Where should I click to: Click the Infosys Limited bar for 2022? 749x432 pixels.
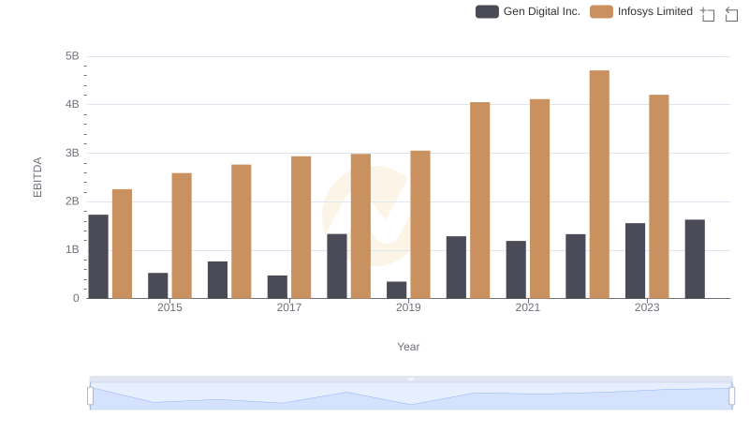coord(599,185)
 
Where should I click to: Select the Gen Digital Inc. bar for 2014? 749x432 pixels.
coord(98,257)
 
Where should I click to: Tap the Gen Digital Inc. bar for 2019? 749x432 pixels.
coord(397,290)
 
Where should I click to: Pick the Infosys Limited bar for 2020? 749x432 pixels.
coord(480,201)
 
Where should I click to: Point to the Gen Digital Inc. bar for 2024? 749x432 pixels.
coord(695,259)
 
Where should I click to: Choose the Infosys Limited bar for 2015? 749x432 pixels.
coord(182,235)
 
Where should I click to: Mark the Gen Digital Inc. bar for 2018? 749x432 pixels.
coord(337,266)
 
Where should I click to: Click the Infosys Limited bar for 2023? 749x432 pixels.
coord(659,197)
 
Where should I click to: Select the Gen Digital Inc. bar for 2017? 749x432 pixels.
coord(277,287)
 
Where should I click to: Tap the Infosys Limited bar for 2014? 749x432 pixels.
coord(122,244)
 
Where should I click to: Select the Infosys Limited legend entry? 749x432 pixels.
coord(642,11)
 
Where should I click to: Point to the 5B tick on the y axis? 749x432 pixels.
coord(72,56)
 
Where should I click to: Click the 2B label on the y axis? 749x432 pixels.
coord(72,201)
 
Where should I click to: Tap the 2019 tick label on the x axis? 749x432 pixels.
coord(408,307)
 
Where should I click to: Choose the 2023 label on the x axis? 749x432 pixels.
coord(647,307)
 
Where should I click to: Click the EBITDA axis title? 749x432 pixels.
coord(38,177)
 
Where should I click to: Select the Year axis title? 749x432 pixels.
coord(408,347)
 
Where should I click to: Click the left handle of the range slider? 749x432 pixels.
coord(91,396)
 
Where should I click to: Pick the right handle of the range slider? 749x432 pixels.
coord(731,396)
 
